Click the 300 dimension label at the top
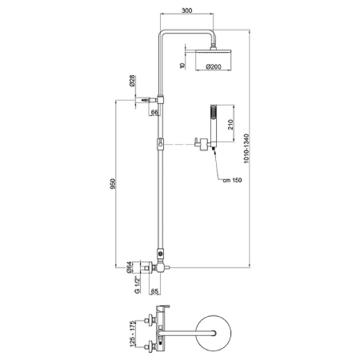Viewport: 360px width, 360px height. [186, 10]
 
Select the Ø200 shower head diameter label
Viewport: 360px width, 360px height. [214, 66]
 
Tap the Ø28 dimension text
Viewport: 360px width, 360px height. [132, 81]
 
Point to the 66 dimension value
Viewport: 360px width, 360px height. [154, 112]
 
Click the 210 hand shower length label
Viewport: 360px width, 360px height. [230, 125]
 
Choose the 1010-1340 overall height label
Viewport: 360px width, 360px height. [246, 149]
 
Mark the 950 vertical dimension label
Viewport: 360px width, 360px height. [114, 184]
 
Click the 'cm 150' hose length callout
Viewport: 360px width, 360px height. [232, 180]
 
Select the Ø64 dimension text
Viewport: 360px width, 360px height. [129, 268]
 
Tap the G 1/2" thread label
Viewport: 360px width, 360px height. [138, 286]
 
